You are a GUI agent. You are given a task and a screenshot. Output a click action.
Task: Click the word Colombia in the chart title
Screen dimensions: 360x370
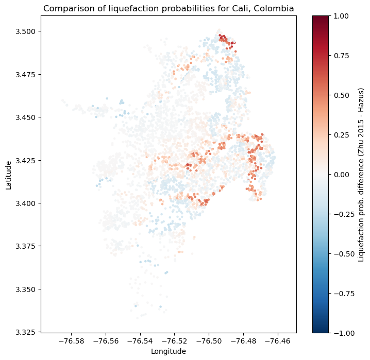[x=272, y=8]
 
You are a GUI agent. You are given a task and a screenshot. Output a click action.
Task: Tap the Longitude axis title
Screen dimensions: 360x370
[x=169, y=351]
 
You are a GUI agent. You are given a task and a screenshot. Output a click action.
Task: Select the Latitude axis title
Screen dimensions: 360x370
[x=9, y=174]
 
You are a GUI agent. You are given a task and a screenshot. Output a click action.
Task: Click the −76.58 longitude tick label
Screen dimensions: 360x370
[x=72, y=341]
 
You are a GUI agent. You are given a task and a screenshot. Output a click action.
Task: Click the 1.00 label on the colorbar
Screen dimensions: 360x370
[x=342, y=16]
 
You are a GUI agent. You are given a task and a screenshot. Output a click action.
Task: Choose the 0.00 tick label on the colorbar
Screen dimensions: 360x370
[x=342, y=175]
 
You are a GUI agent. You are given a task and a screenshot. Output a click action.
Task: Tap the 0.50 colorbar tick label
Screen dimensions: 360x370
[x=342, y=95]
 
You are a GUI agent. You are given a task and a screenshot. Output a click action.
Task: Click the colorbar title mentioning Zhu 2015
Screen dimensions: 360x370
[x=361, y=174]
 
